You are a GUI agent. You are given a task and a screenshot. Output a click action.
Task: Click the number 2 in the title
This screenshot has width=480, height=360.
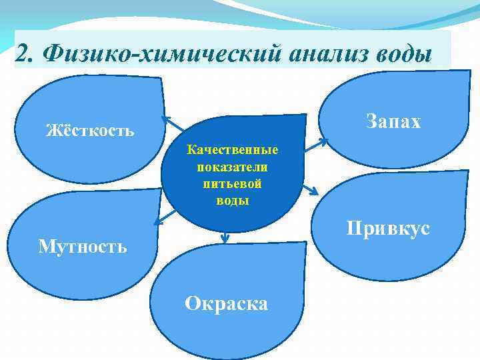coord(21,53)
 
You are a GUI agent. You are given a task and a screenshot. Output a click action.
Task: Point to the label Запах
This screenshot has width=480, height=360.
coord(393,121)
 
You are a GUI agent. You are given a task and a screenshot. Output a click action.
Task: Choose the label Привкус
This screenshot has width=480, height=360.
coord(387,229)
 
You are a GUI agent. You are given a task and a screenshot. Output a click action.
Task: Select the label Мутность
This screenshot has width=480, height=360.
coord(82,247)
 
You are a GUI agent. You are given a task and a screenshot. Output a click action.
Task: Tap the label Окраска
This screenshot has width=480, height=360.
coord(227,304)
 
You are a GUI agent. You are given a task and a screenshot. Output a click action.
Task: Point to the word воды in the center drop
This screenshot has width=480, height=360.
coord(233,200)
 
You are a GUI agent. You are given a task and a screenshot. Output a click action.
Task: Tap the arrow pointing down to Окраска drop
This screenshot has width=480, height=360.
coord(225,237)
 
